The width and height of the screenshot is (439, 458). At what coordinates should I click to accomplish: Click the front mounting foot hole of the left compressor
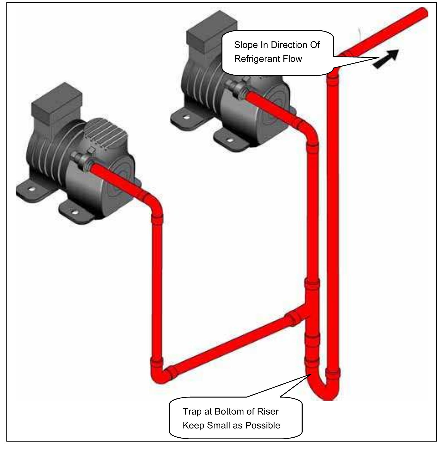click(74, 213)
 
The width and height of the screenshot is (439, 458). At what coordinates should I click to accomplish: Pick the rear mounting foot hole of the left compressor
click(31, 189)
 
